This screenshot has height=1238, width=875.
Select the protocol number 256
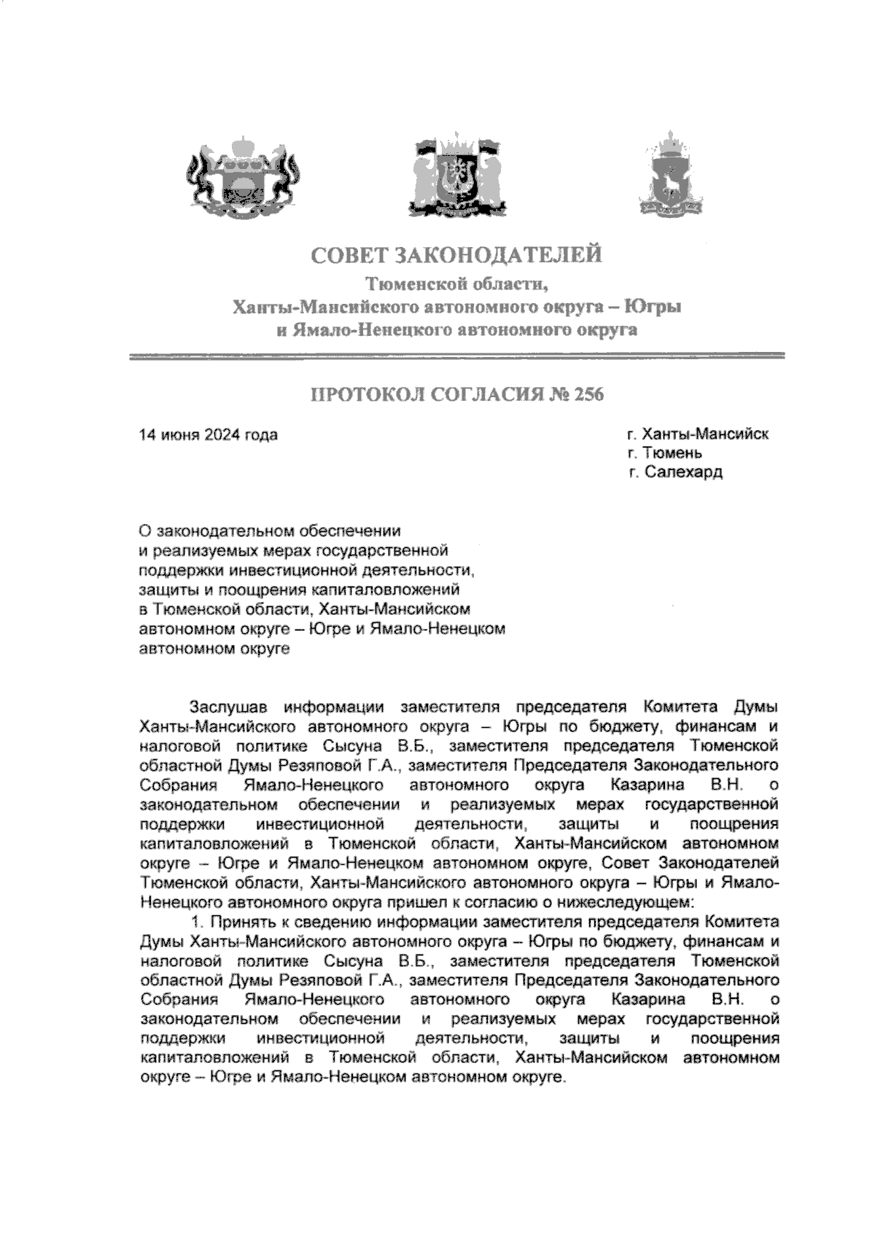tap(590, 396)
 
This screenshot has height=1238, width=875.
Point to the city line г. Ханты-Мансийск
tap(697, 435)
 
